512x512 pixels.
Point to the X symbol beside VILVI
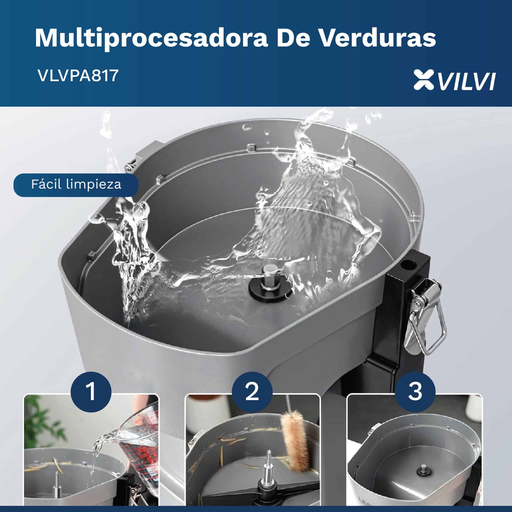pos(424,80)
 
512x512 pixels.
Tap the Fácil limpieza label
pos(76,185)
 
